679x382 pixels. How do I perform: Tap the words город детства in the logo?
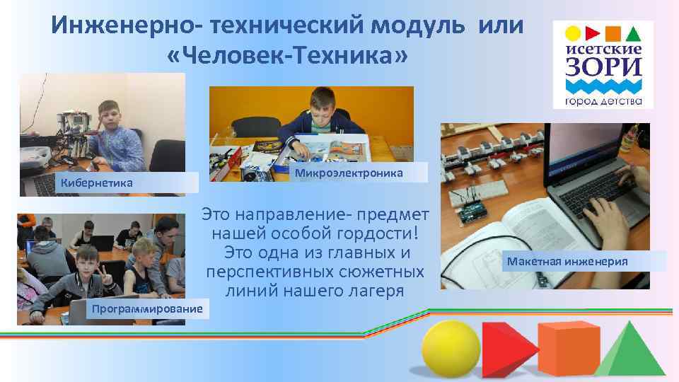pos(603,100)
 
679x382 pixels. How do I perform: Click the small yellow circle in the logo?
pos(574,33)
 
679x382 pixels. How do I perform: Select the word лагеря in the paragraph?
pos(376,289)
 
